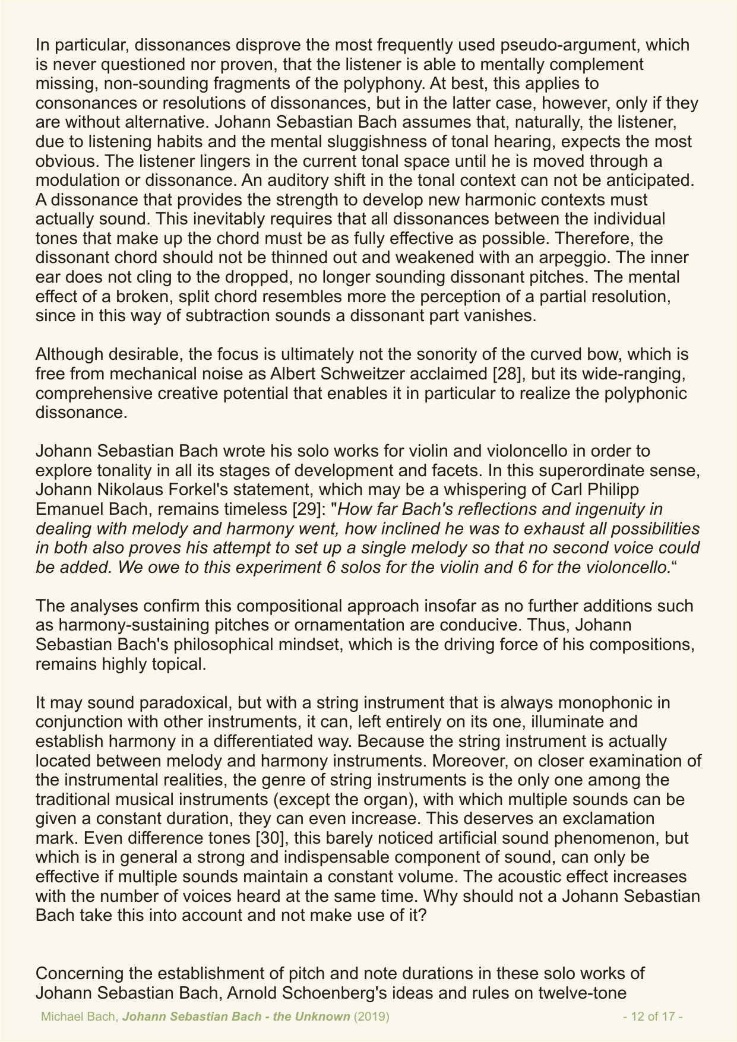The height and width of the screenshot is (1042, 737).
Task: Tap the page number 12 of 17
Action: pos(653,1016)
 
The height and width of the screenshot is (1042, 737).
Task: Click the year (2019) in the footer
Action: pos(372,1016)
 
